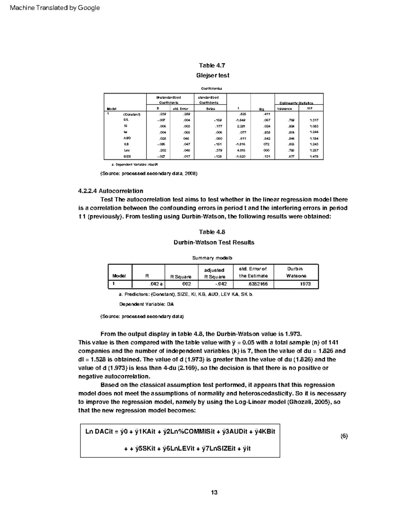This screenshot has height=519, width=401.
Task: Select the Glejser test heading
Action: [x=213, y=76]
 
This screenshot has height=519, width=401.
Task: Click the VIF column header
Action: [x=310, y=109]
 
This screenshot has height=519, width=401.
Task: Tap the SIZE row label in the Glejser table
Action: [x=127, y=156]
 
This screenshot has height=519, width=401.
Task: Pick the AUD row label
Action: [x=127, y=138]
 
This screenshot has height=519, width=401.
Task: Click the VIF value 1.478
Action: [x=314, y=156]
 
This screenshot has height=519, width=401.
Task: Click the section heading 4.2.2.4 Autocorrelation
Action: [x=111, y=191]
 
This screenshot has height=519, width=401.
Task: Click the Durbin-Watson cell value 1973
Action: [x=305, y=284]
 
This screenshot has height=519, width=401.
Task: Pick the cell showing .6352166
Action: [x=258, y=284]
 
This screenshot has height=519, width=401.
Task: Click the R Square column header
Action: [x=181, y=277]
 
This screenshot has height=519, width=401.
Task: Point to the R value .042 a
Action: [x=156, y=284]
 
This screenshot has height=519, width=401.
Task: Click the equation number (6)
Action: [x=344, y=436]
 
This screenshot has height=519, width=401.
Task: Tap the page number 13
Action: [x=214, y=492]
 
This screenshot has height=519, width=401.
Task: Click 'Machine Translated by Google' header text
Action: [x=55, y=8]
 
